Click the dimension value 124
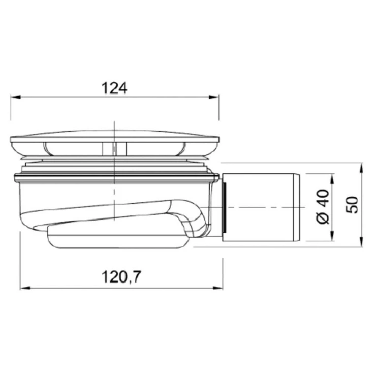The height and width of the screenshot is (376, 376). click(x=114, y=88)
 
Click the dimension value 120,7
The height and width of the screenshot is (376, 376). click(x=121, y=277)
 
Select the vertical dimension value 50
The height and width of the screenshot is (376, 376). click(x=352, y=205)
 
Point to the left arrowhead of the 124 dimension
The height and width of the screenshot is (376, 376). click(x=15, y=97)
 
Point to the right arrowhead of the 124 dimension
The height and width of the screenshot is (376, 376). click(x=214, y=97)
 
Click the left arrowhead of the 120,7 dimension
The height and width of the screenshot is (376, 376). click(x=25, y=288)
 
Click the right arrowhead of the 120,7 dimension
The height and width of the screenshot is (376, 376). click(x=218, y=288)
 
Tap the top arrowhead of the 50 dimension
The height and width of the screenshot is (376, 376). click(x=361, y=167)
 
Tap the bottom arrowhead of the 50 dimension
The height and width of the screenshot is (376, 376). click(x=361, y=241)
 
